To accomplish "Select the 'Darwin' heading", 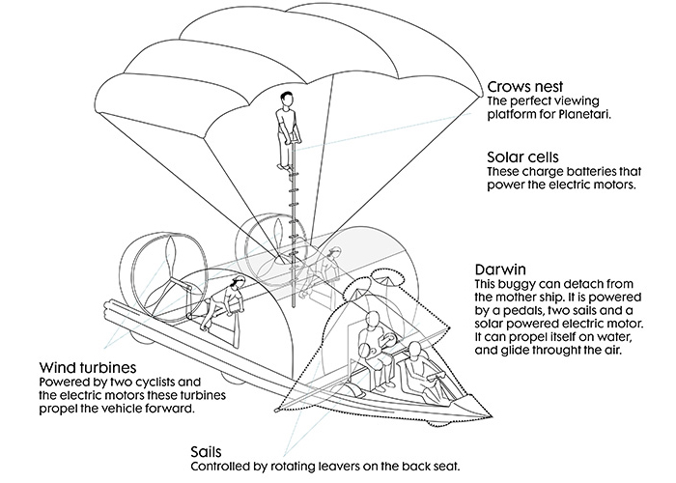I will [500, 269].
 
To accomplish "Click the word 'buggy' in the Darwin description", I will [521, 284].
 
